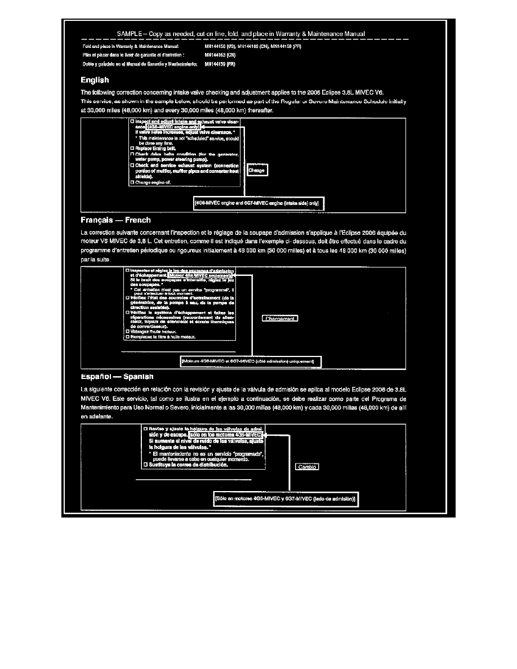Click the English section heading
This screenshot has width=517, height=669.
(95, 81)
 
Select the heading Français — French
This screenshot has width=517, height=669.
(115, 220)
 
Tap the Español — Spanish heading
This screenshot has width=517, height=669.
(117, 376)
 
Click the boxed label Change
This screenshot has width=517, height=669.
(257, 171)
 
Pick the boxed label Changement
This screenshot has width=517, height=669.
(280, 319)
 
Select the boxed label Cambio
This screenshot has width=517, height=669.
(307, 466)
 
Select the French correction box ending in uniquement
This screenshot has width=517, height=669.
(250, 360)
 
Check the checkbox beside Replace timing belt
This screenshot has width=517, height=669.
(132, 148)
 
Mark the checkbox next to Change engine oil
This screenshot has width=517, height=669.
(132, 182)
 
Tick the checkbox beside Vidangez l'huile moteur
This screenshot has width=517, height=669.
(127, 332)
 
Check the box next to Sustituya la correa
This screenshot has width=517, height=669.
(146, 465)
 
